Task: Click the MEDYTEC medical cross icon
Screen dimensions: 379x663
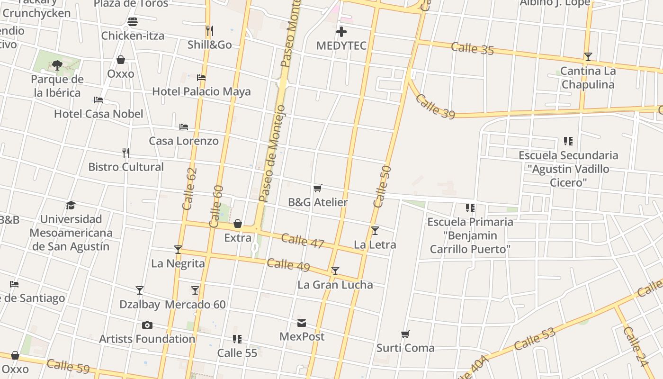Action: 341,32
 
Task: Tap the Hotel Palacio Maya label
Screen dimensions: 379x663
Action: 201,91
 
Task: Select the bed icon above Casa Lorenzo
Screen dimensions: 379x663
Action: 184,127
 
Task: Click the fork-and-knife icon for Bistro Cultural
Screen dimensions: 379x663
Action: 126,153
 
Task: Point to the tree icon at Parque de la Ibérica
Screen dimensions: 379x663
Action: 57,65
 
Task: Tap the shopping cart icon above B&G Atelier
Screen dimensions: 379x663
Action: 318,188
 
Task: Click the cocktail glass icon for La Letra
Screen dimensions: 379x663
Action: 375,231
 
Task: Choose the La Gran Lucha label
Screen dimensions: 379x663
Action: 335,285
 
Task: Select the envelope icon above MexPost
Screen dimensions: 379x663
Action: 302,323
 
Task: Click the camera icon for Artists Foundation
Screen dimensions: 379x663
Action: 147,325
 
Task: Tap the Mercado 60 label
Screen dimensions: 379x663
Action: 195,305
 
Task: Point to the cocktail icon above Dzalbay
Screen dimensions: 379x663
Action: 140,290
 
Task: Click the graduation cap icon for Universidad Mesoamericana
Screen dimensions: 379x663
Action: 71,205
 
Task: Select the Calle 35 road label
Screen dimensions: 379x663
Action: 472,48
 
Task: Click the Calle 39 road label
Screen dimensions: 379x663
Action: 435,107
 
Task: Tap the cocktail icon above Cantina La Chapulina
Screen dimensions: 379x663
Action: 588,57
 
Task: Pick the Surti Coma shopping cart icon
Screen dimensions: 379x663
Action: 405,334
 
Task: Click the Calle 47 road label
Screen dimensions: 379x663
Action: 303,241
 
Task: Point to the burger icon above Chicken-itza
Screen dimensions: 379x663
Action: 133,22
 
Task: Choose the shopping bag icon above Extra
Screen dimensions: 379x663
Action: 238,224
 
